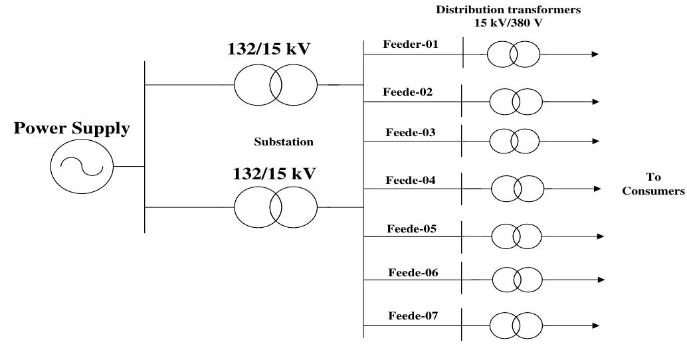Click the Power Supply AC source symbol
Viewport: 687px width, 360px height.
point(82,167)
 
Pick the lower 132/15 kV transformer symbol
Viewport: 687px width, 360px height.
point(276,207)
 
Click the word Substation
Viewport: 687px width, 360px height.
point(283,142)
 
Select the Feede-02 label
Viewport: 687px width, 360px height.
point(408,92)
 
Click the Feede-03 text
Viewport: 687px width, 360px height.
point(411,132)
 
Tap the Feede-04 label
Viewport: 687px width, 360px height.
point(411,180)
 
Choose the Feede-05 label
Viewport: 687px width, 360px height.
point(411,229)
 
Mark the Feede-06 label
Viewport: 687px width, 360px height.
point(412,272)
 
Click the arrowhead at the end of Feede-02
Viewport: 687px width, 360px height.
point(595,102)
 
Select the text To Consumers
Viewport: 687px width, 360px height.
point(657,184)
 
